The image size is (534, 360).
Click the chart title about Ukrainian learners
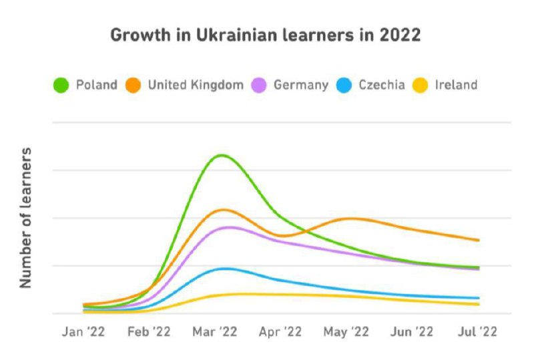coord(265,35)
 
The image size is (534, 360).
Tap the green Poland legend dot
coord(62,85)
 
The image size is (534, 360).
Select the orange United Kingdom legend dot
coord(133,85)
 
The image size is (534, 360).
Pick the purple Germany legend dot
coord(259,85)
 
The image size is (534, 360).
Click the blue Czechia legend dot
coord(344,85)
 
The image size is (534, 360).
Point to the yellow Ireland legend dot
coord(420,85)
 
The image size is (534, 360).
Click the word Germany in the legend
coord(300,85)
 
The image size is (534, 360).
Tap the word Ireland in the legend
coord(456,85)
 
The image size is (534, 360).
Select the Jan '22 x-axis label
coord(83,331)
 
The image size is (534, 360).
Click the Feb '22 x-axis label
coord(150,331)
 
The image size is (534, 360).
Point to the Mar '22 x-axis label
coord(215,331)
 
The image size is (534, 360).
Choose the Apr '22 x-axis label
coord(280,331)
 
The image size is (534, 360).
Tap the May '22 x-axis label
coord(346,331)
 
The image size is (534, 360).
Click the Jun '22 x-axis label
coord(412,331)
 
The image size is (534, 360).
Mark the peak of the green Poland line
coord(220,156)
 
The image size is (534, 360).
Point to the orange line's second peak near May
coord(349,218)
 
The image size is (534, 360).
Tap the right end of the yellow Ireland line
coord(479,305)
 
